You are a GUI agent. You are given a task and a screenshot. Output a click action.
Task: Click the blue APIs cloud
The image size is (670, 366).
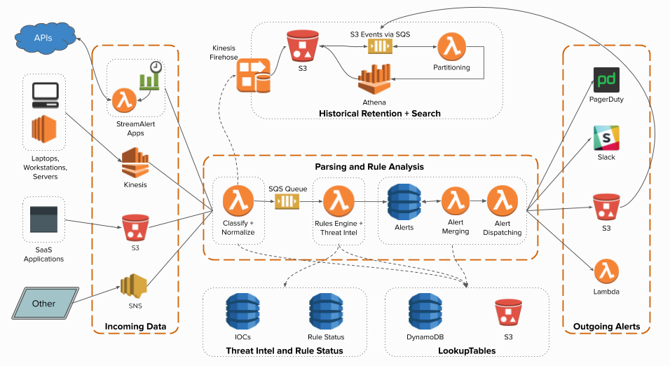point(44,38)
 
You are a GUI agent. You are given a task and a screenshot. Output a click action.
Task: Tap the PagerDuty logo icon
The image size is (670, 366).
point(606,80)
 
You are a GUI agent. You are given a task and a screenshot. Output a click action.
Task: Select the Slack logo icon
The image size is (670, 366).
point(606,137)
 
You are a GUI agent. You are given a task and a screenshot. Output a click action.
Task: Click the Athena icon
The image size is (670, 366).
point(374,79)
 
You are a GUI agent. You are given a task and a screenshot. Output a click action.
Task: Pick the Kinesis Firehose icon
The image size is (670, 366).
point(254,75)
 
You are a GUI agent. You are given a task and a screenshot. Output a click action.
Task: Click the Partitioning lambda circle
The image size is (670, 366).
point(451,46)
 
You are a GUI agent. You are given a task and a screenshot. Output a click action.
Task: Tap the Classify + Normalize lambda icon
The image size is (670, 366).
point(238,201)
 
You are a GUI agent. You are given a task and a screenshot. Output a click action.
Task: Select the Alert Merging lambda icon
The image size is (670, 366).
point(456,201)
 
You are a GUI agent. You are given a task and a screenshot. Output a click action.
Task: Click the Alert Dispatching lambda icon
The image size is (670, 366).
point(502,201)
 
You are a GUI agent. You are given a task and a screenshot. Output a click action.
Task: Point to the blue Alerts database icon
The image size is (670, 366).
point(404,202)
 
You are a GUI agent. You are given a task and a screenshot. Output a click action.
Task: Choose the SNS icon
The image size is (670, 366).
point(134,285)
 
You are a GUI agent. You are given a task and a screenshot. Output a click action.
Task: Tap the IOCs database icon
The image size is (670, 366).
point(242,311)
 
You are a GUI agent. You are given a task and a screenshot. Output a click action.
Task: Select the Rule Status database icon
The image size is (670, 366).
point(326,311)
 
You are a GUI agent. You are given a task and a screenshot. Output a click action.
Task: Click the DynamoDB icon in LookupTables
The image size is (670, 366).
point(425,311)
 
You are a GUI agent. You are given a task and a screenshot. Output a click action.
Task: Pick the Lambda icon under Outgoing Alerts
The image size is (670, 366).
point(606,271)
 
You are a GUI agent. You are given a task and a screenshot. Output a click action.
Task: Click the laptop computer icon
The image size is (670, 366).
point(46,95)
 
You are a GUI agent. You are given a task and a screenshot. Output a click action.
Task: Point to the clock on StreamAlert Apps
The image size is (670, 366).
point(156,67)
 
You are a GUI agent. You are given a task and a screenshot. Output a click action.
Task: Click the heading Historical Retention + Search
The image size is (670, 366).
point(379,114)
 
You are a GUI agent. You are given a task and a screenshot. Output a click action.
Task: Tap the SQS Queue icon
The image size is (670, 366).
point(287,201)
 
